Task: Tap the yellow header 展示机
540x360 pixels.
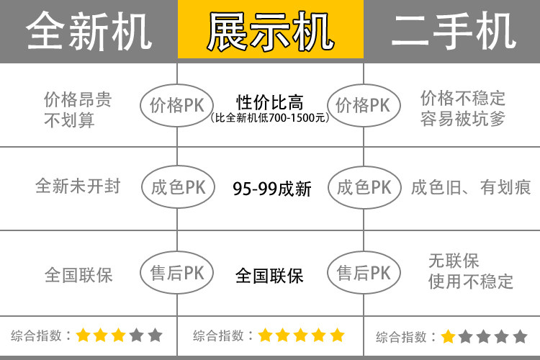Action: pyautogui.click(x=270, y=31)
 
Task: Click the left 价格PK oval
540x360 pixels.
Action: pyautogui.click(x=176, y=105)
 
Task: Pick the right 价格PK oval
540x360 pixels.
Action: pyautogui.click(x=363, y=105)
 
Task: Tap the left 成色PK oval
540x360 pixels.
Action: pyautogui.click(x=177, y=188)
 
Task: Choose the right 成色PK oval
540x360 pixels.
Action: pyautogui.click(x=364, y=188)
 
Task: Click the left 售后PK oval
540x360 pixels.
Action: pyautogui.click(x=177, y=273)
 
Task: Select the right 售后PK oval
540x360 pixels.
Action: pyautogui.click(x=364, y=273)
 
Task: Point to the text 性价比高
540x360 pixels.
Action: pyautogui.click(x=270, y=102)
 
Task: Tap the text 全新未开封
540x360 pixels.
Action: pyautogui.click(x=78, y=186)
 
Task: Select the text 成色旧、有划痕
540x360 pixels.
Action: pyautogui.click(x=471, y=188)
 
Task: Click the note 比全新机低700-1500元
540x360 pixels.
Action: pyautogui.click(x=271, y=118)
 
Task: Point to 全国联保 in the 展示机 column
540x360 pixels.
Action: pyautogui.click(x=270, y=276)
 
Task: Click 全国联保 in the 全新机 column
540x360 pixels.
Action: pyautogui.click(x=78, y=274)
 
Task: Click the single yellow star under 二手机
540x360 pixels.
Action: pyautogui.click(x=448, y=336)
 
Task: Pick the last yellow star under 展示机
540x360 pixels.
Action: pyautogui.click(x=338, y=336)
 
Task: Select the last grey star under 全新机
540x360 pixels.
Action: pyautogui.click(x=155, y=336)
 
